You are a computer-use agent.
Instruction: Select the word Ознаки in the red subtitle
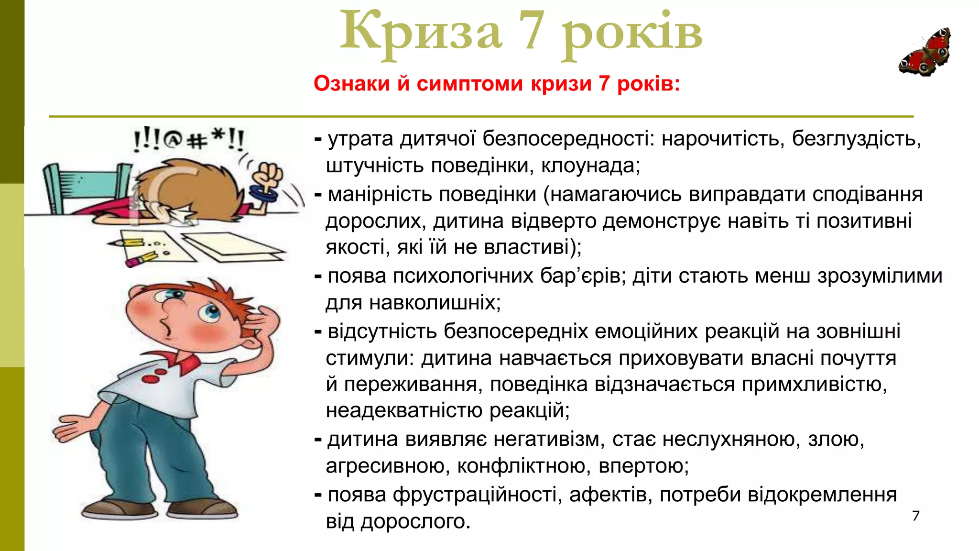pyautogui.click(x=352, y=84)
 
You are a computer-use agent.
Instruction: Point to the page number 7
pyautogui.click(x=916, y=516)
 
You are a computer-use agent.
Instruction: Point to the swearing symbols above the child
pyautogui.click(x=188, y=140)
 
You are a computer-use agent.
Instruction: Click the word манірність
pyautogui.click(x=380, y=195)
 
